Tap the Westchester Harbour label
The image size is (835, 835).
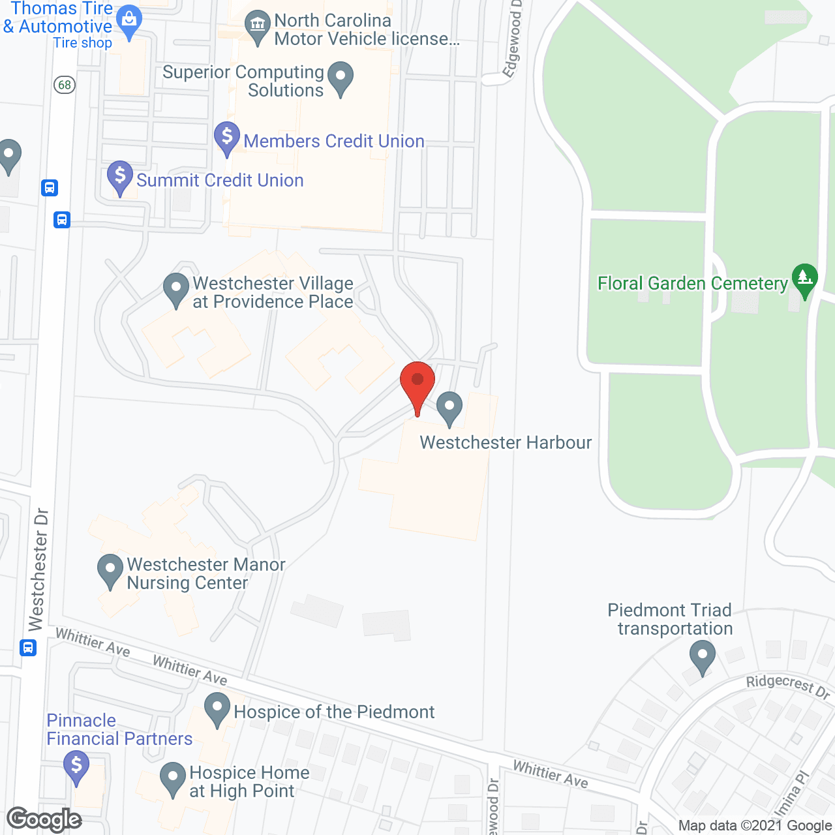[x=506, y=442]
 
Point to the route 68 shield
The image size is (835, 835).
[x=65, y=85]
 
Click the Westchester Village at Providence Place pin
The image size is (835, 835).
[x=175, y=289]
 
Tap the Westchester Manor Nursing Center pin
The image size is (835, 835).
[x=110, y=571]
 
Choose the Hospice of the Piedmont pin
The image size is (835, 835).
[x=217, y=709]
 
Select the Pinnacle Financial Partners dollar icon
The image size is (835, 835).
[x=76, y=766]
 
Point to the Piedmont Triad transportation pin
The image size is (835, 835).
[x=702, y=657]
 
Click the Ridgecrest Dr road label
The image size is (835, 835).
[x=788, y=686]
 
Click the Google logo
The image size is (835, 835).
[x=44, y=819]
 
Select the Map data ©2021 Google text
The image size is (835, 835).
[x=755, y=826]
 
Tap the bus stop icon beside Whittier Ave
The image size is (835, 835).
[x=27, y=648]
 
